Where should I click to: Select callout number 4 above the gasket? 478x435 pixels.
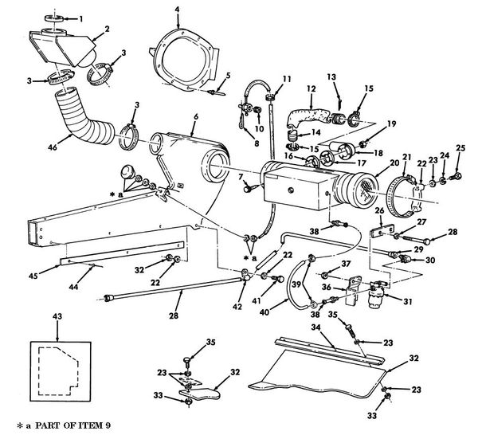[177, 9]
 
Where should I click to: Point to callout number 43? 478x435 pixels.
[55, 318]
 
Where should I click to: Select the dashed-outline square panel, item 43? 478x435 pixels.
[55, 368]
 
